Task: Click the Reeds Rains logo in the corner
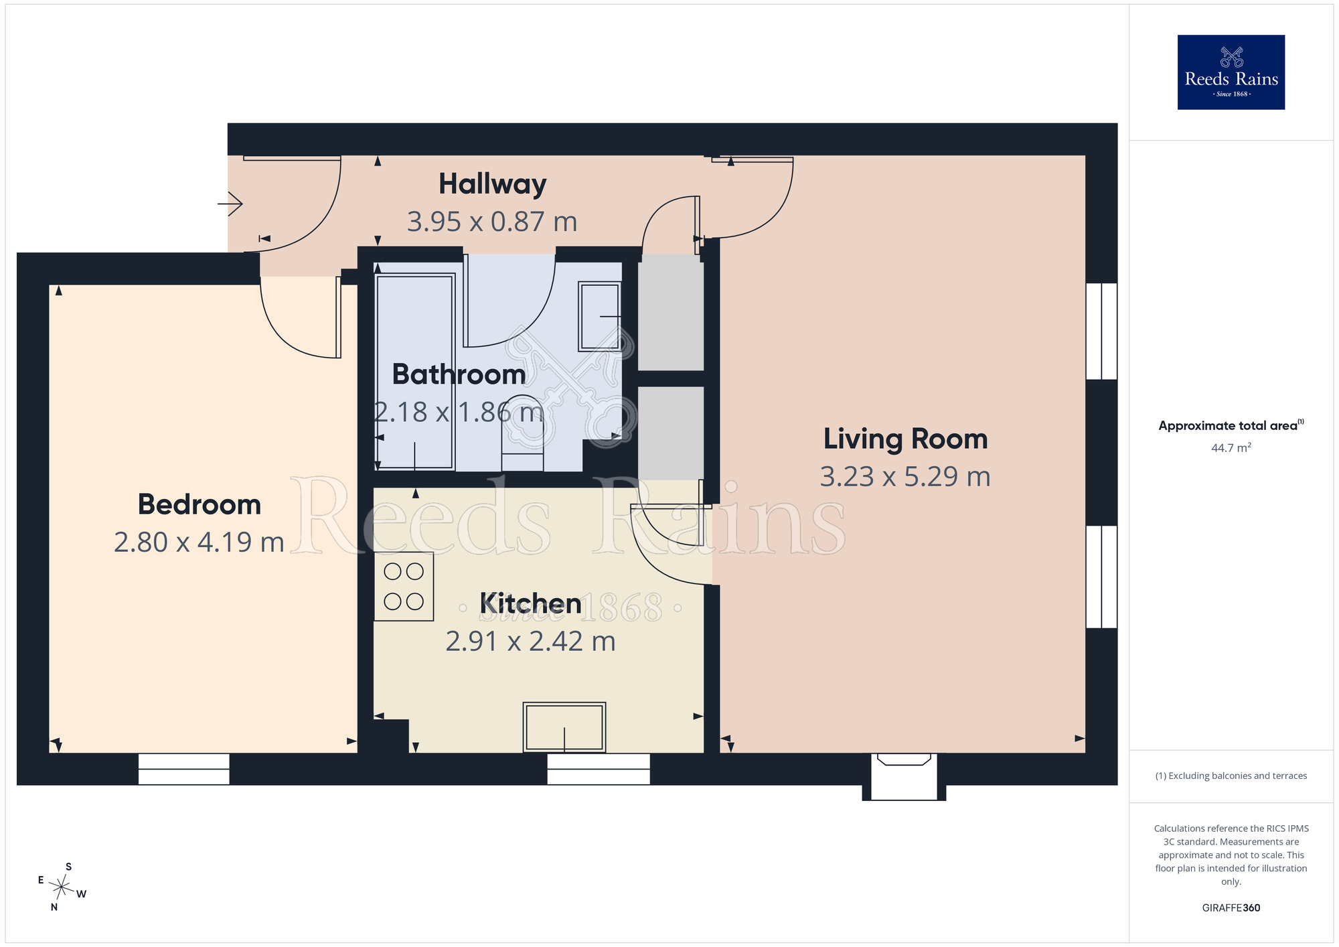1231,72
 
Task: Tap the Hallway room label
493,184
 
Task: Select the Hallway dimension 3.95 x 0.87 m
492,222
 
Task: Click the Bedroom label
200,504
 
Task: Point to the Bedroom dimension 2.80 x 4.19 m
200,542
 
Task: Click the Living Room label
906,439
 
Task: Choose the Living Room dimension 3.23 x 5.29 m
905,476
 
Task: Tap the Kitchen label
530,604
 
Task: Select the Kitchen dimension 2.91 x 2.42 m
530,641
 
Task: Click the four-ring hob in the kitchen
404,586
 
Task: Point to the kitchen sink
564,727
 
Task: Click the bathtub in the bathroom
415,371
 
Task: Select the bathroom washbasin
600,316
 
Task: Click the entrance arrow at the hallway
230,203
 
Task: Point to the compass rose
62,887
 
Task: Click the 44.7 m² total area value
1231,447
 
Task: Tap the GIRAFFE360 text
1231,908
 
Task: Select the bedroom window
184,769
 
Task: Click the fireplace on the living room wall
904,777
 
